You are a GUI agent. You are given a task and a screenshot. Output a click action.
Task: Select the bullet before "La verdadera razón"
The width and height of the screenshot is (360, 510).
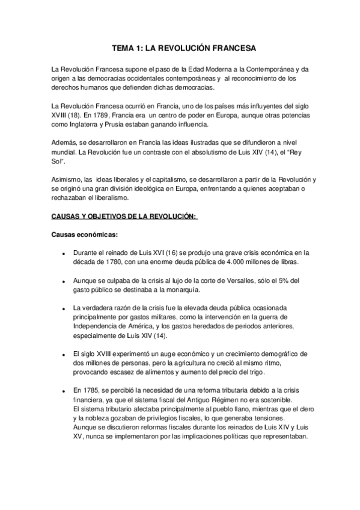(63, 308)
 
